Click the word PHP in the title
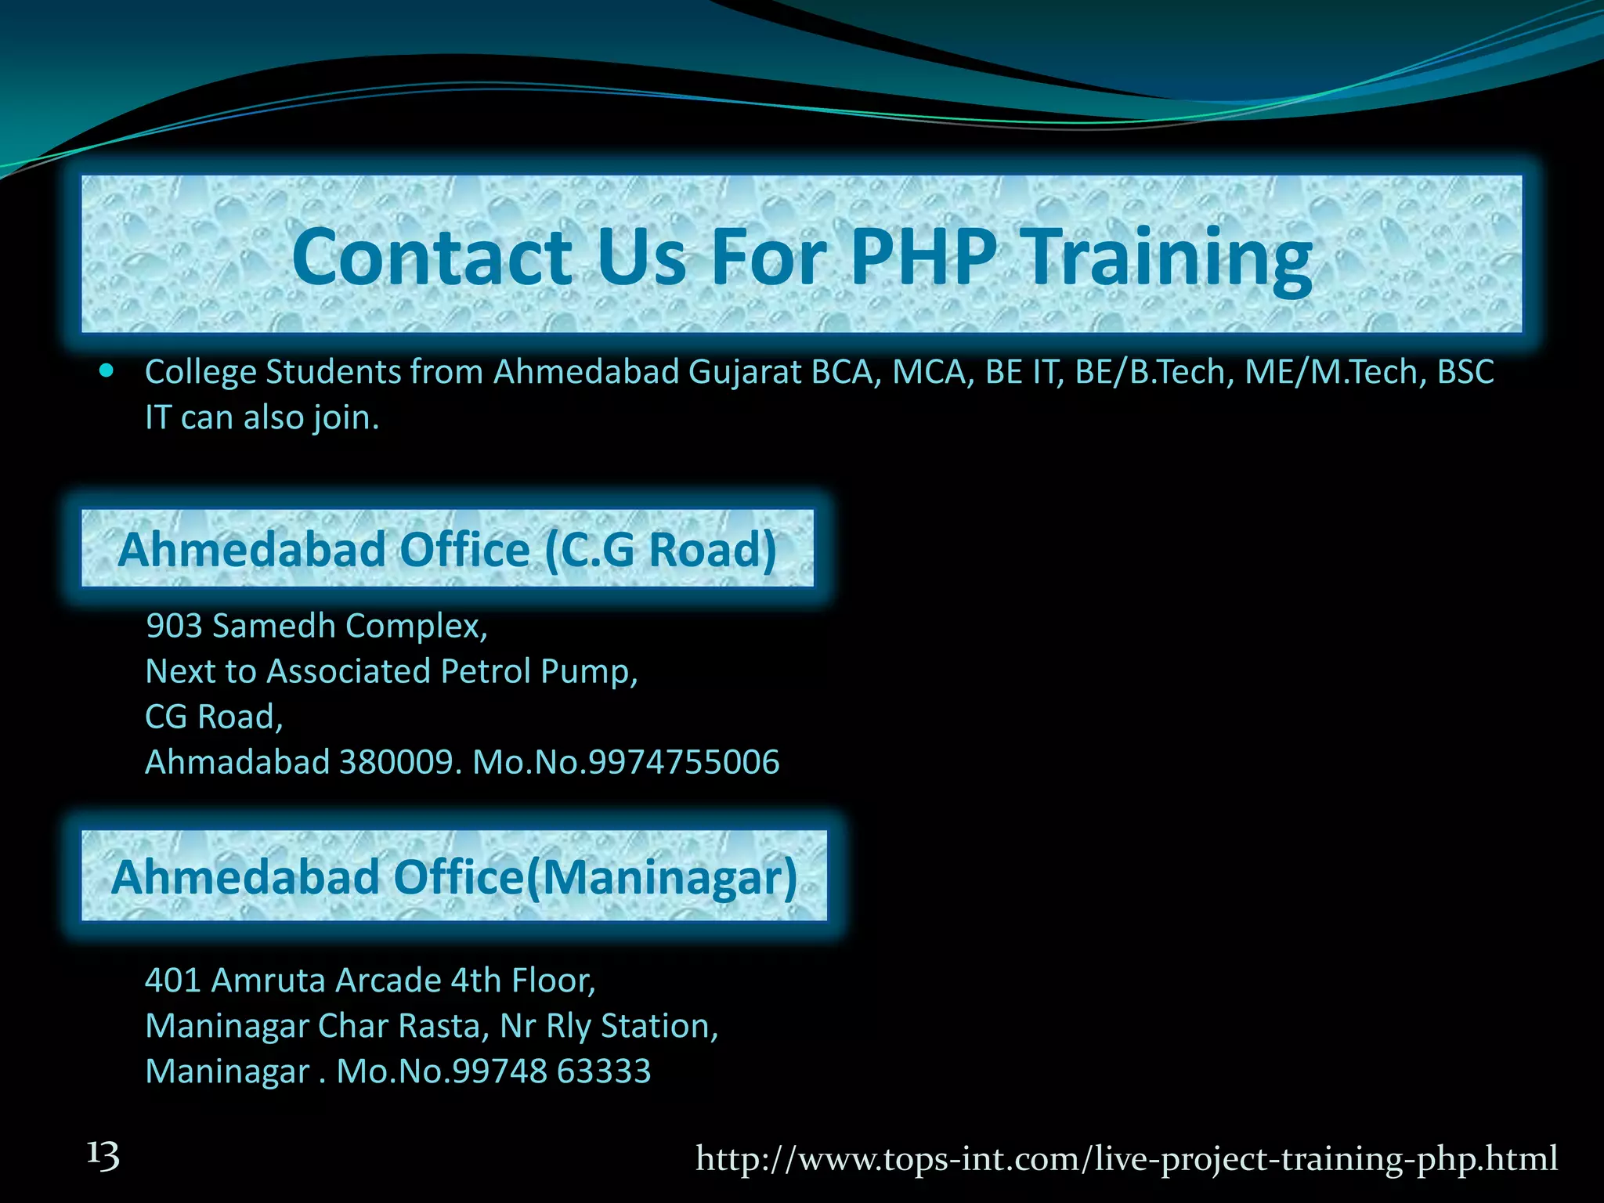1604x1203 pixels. [924, 256]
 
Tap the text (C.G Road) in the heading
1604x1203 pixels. [660, 549]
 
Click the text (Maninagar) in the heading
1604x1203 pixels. [661, 876]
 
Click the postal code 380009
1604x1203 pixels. [396, 762]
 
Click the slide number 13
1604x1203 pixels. [103, 1157]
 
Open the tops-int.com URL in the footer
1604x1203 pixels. [1126, 1158]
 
